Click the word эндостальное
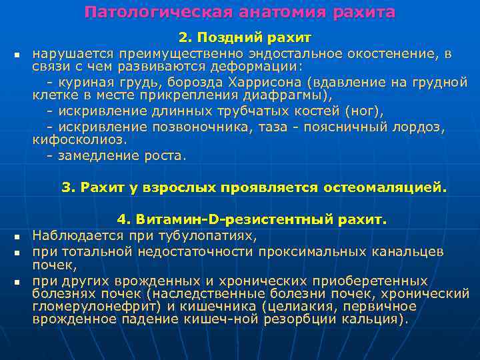tap(266, 54)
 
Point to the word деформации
tap(259, 68)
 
